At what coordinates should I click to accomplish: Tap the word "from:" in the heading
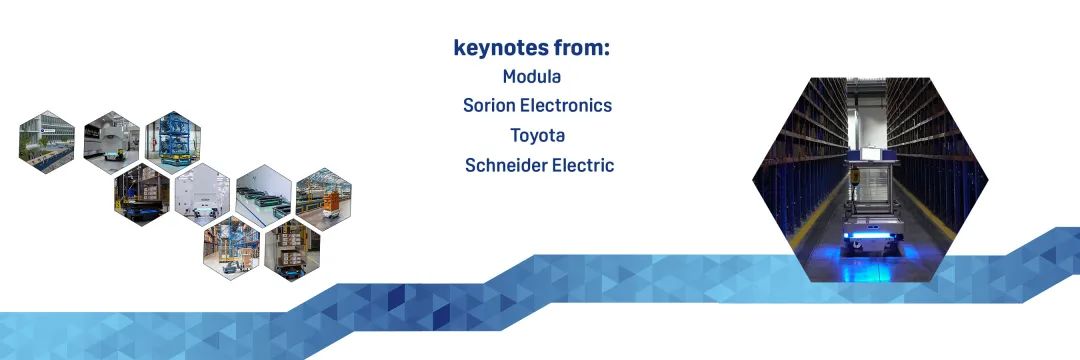582,48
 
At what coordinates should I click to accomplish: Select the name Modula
532,76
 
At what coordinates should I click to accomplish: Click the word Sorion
488,105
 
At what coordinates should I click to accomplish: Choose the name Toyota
537,135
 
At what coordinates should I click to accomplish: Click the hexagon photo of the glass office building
47,142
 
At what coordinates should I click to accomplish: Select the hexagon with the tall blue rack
172,142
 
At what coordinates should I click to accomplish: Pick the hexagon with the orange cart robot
324,198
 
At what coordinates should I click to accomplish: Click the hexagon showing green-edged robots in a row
263,196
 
